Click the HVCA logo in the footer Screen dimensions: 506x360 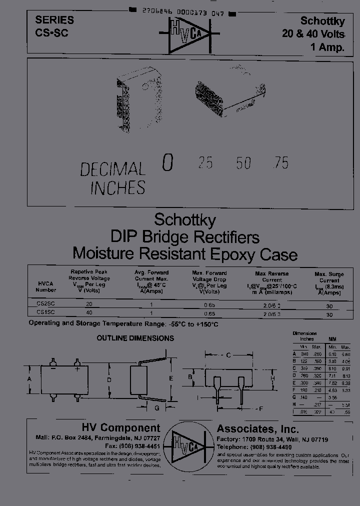coord(188,441)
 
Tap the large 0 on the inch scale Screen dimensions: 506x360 coord(168,163)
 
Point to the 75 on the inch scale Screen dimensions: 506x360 coord(281,162)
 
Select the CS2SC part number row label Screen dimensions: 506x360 coord(46,303)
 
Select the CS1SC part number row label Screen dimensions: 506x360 coord(46,311)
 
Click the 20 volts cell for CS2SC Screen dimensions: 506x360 coord(89,304)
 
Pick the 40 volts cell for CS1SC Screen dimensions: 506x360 coord(89,312)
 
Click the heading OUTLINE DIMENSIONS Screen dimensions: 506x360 coord(135,338)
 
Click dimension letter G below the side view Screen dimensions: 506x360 coord(156,408)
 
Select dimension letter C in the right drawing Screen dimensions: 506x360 coord(227,355)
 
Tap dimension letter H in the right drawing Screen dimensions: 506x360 coord(272,379)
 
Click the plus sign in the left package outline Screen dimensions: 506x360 coord(77,370)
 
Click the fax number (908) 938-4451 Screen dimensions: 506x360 coord(132,446)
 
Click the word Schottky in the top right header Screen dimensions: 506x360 coord(322,21)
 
